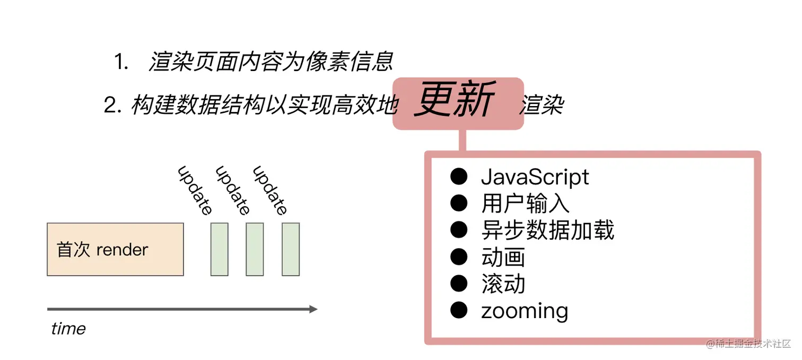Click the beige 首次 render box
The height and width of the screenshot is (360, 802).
coord(115,249)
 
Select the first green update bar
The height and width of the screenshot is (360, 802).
coord(219,249)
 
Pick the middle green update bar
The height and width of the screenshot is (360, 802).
coord(255,249)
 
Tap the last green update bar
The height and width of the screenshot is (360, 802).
coord(291,249)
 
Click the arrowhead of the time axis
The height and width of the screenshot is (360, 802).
coord(313,309)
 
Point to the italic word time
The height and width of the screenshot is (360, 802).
coord(68,329)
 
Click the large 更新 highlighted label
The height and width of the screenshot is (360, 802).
coord(455,100)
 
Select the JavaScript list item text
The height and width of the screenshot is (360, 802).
coord(535,177)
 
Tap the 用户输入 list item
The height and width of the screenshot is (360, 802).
coord(525,204)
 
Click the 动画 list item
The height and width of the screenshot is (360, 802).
coord(503,257)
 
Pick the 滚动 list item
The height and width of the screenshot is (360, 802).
coord(503,284)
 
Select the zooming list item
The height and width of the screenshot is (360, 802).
coord(524,311)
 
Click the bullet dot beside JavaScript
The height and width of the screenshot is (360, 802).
coord(459,177)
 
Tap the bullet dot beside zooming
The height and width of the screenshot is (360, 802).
coord(459,310)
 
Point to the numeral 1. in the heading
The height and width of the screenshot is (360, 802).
coord(121,63)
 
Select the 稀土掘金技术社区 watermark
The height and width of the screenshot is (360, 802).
coord(748,344)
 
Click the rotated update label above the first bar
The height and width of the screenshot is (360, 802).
coord(195,190)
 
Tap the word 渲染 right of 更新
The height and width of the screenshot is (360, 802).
coord(541,106)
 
